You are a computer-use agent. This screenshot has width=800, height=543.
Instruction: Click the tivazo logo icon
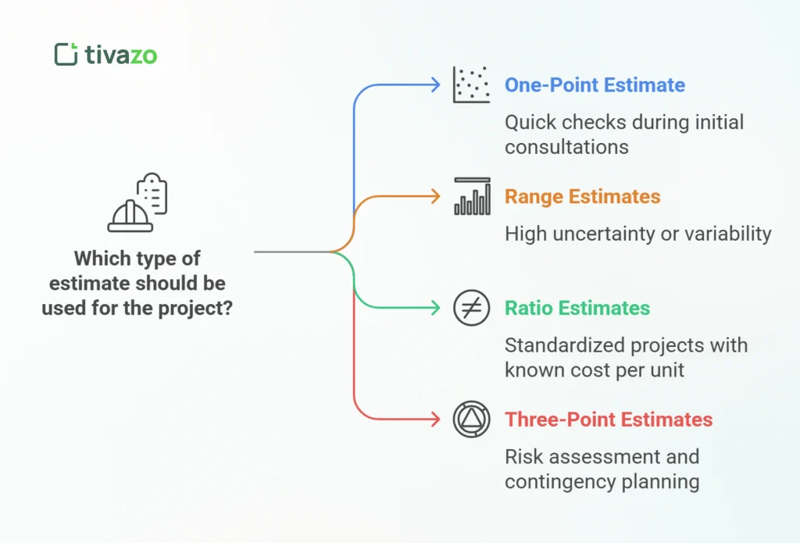click(x=66, y=54)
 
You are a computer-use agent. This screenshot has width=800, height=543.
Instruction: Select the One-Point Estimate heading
click(x=595, y=85)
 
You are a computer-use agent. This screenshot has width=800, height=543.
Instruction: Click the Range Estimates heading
click(x=582, y=197)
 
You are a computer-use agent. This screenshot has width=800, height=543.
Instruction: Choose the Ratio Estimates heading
click(x=577, y=309)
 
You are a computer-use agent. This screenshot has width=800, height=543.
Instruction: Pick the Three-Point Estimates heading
click(x=609, y=420)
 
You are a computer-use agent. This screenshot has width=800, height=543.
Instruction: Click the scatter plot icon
click(x=471, y=84)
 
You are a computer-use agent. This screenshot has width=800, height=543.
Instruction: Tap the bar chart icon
click(x=472, y=197)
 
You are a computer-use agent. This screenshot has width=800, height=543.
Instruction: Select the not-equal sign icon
click(x=471, y=309)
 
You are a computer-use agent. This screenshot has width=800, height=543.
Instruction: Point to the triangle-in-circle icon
click(x=471, y=420)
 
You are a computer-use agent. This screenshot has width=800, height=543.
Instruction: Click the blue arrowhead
click(x=436, y=85)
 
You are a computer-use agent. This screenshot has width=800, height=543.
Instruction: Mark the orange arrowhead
click(x=436, y=197)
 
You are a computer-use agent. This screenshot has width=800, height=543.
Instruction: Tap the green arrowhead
click(x=436, y=309)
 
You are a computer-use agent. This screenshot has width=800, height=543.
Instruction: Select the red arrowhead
click(x=436, y=420)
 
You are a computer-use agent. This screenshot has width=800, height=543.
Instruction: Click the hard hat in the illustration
click(x=130, y=216)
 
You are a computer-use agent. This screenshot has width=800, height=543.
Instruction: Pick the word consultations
click(x=566, y=146)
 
